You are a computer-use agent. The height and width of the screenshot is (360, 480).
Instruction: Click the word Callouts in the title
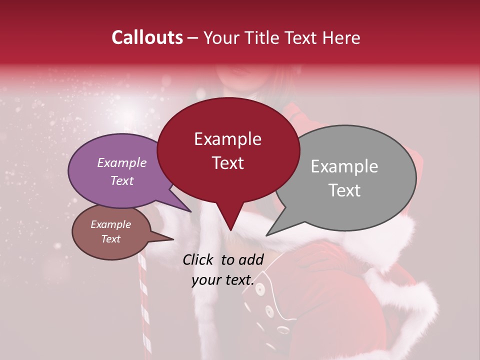(147, 37)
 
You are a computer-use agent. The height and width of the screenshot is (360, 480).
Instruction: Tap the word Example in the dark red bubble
(227, 139)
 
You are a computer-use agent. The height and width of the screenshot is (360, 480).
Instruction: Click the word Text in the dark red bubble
(227, 163)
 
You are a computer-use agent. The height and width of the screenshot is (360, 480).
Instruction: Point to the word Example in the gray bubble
(344, 166)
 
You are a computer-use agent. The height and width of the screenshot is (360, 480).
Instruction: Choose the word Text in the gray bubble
(344, 190)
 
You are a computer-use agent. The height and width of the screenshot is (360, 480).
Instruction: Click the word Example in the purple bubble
(122, 163)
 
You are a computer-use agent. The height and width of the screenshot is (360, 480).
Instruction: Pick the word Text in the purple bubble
(122, 181)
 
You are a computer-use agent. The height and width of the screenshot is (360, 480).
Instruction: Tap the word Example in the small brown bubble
(111, 224)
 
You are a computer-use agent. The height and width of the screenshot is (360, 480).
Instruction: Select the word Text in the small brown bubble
(111, 239)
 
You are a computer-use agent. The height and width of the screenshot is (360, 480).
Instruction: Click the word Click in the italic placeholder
(198, 259)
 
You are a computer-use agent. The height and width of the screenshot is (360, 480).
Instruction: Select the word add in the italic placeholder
(250, 259)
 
